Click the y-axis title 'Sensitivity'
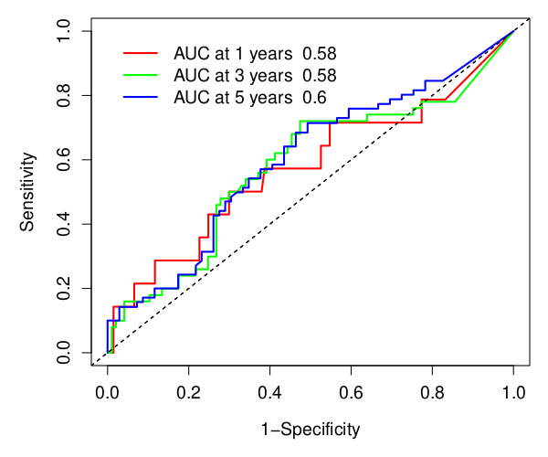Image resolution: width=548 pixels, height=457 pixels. pyautogui.click(x=29, y=192)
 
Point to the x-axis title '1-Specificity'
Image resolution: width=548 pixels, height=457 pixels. pyautogui.click(x=311, y=429)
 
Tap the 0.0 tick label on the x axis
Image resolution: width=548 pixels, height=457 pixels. pyautogui.click(x=108, y=394)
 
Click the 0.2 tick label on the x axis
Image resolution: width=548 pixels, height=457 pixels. pyautogui.click(x=189, y=394)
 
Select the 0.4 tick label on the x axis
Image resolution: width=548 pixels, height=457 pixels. pyautogui.click(x=270, y=394)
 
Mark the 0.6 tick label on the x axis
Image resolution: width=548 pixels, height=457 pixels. pyautogui.click(x=352, y=394)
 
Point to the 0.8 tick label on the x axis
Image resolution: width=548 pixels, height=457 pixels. pyautogui.click(x=433, y=394)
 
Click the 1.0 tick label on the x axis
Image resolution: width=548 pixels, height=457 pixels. pyautogui.click(x=514, y=394)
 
